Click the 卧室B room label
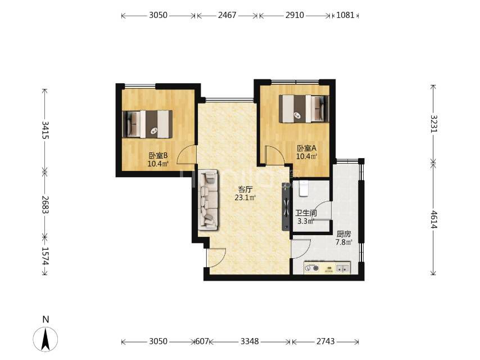point(159,155)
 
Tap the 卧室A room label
point(306,148)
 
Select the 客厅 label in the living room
point(245,190)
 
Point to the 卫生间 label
point(306,213)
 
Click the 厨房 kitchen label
point(343,234)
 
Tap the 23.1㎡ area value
point(245,197)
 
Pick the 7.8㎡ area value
point(343,242)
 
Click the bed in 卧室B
point(147,124)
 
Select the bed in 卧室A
point(304,109)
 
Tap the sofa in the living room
point(208,200)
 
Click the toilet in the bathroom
point(303,188)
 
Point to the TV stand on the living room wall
point(286,207)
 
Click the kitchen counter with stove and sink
point(327,268)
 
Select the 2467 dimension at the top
point(227,15)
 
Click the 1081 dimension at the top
point(345,15)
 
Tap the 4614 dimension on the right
point(434,219)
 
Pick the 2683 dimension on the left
point(46,204)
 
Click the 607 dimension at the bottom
point(202,341)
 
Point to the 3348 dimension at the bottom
point(250,341)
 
